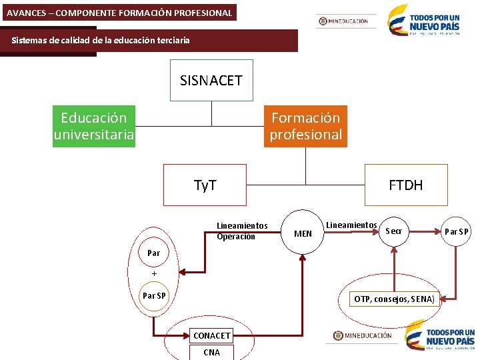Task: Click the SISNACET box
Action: (211, 80)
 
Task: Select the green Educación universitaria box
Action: (94, 126)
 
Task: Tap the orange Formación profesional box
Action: (305, 126)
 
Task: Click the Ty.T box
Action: (205, 185)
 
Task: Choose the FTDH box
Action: (405, 185)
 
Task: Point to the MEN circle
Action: (303, 233)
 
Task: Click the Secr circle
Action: (394, 231)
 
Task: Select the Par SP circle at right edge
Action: (456, 232)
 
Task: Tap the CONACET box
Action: (211, 335)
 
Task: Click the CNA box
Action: (211, 352)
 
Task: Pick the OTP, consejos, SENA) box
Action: (395, 299)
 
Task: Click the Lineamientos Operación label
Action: (241, 231)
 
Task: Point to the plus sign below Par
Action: (154, 273)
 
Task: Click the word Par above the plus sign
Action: (154, 253)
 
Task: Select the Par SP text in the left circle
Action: (154, 295)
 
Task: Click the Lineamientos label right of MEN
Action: (351, 225)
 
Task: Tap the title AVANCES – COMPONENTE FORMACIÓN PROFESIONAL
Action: (119, 13)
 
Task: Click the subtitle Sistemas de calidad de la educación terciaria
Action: (101, 40)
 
